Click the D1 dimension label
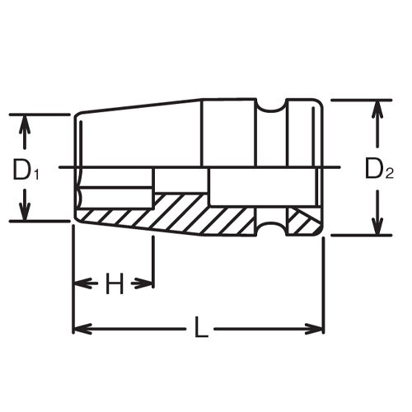(x=26, y=171)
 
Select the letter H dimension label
(x=114, y=285)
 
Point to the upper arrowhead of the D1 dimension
(x=26, y=121)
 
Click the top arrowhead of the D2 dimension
(x=378, y=108)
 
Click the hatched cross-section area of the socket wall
(x=190, y=213)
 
